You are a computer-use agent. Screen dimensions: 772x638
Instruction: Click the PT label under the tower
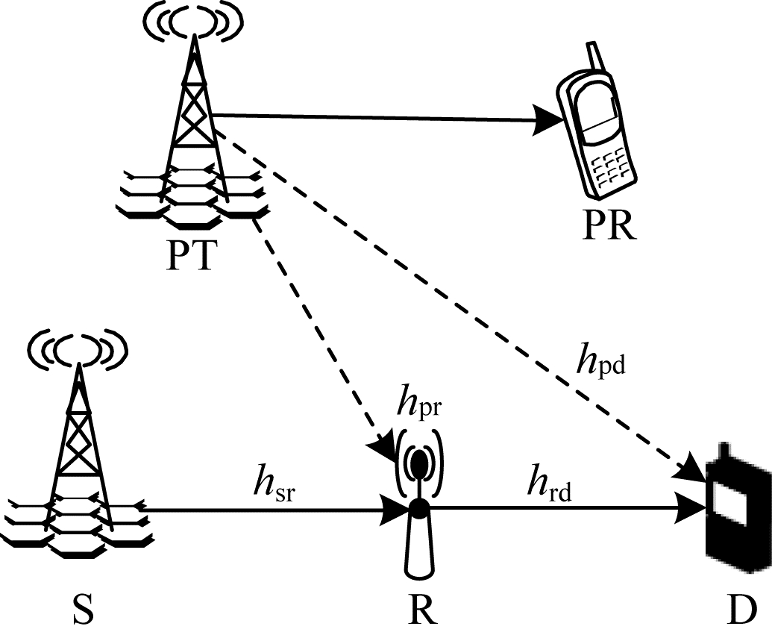click(191, 255)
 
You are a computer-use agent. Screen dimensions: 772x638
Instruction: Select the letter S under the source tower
click(84, 609)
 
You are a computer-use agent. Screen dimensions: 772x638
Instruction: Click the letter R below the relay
click(422, 609)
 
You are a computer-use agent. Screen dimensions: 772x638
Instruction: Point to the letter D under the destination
click(741, 609)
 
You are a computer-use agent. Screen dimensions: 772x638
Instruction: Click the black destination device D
click(738, 507)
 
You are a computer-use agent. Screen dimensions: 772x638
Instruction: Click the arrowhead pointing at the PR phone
click(548, 119)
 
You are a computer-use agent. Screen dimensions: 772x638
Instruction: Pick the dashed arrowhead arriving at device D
click(692, 468)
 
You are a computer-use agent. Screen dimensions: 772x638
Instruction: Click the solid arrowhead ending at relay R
click(396, 510)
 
